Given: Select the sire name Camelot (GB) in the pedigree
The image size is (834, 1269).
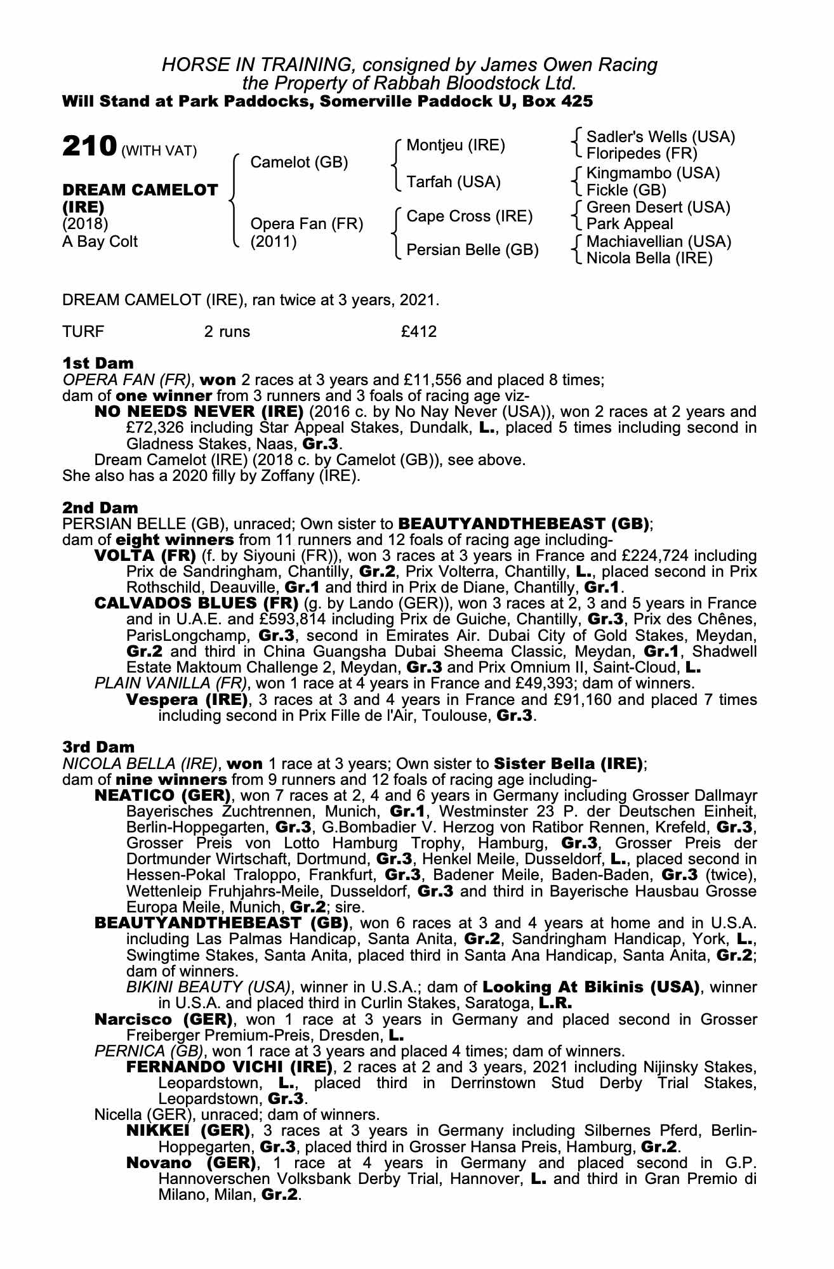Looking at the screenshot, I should point(299,162).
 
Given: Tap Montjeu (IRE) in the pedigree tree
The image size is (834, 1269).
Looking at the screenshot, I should point(455,145).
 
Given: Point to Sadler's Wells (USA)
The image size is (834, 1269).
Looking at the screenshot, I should point(660,137).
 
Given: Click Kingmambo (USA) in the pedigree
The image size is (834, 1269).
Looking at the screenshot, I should point(652,173).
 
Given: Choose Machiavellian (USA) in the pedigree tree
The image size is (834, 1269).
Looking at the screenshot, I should point(658,242).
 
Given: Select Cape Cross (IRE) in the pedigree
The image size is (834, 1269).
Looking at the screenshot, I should point(469,216).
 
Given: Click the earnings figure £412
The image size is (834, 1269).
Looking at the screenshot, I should point(415,331).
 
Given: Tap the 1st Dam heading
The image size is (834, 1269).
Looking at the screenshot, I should point(98,364).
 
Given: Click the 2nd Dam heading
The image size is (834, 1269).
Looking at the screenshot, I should point(100,508).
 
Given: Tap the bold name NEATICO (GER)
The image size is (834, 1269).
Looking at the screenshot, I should point(162,796).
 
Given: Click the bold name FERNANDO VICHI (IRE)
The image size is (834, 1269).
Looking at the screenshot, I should point(229,1067).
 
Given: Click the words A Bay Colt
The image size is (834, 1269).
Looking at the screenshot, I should point(99,242).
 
